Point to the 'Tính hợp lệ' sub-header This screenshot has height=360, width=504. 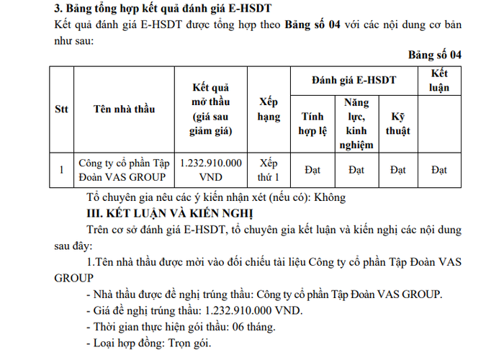(312, 123)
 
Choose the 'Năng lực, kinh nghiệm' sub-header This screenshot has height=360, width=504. (356, 123)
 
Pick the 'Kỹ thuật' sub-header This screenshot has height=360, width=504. (397, 123)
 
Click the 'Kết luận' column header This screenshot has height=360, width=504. (439, 80)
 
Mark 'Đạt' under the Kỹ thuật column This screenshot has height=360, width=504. (397, 170)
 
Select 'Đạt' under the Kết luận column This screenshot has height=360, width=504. (439, 170)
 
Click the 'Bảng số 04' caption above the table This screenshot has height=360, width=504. (434, 55)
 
